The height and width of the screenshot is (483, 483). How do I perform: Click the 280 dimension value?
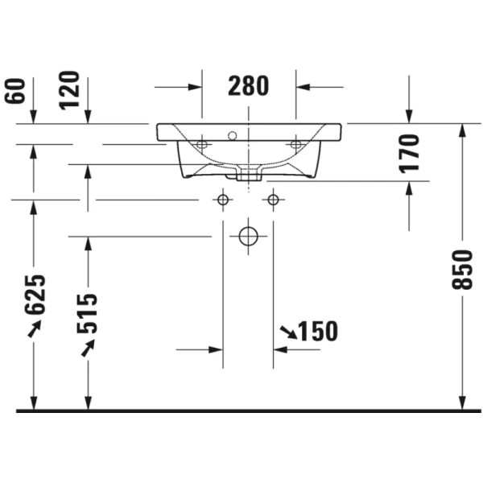(x=248, y=86)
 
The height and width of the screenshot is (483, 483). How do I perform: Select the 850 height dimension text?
(x=462, y=270)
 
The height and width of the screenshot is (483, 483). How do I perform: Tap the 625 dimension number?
(x=35, y=295)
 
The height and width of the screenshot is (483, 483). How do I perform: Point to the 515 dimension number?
(x=87, y=314)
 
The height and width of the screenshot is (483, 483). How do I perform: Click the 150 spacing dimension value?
(x=319, y=331)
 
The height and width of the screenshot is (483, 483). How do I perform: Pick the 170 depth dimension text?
(x=409, y=154)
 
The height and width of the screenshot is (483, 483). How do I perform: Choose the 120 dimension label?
(x=69, y=90)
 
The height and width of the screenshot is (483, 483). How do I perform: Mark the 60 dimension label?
(x=14, y=91)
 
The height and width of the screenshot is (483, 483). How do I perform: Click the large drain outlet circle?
(x=248, y=236)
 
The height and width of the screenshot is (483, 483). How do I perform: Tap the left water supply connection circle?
(x=223, y=200)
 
